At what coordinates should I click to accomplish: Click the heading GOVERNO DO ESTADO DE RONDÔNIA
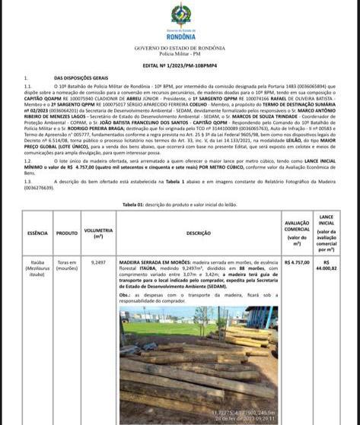click(x=180, y=48)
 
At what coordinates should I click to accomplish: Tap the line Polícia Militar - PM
click(x=180, y=54)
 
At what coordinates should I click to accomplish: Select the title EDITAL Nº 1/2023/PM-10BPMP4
click(x=180, y=66)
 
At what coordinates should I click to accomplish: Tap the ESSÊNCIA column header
click(x=37, y=233)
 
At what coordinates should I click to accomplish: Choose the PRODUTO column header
click(x=67, y=233)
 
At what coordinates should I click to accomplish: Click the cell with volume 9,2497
click(x=98, y=262)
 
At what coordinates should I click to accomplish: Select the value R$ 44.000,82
click(x=327, y=265)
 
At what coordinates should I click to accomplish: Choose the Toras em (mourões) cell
click(x=67, y=264)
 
